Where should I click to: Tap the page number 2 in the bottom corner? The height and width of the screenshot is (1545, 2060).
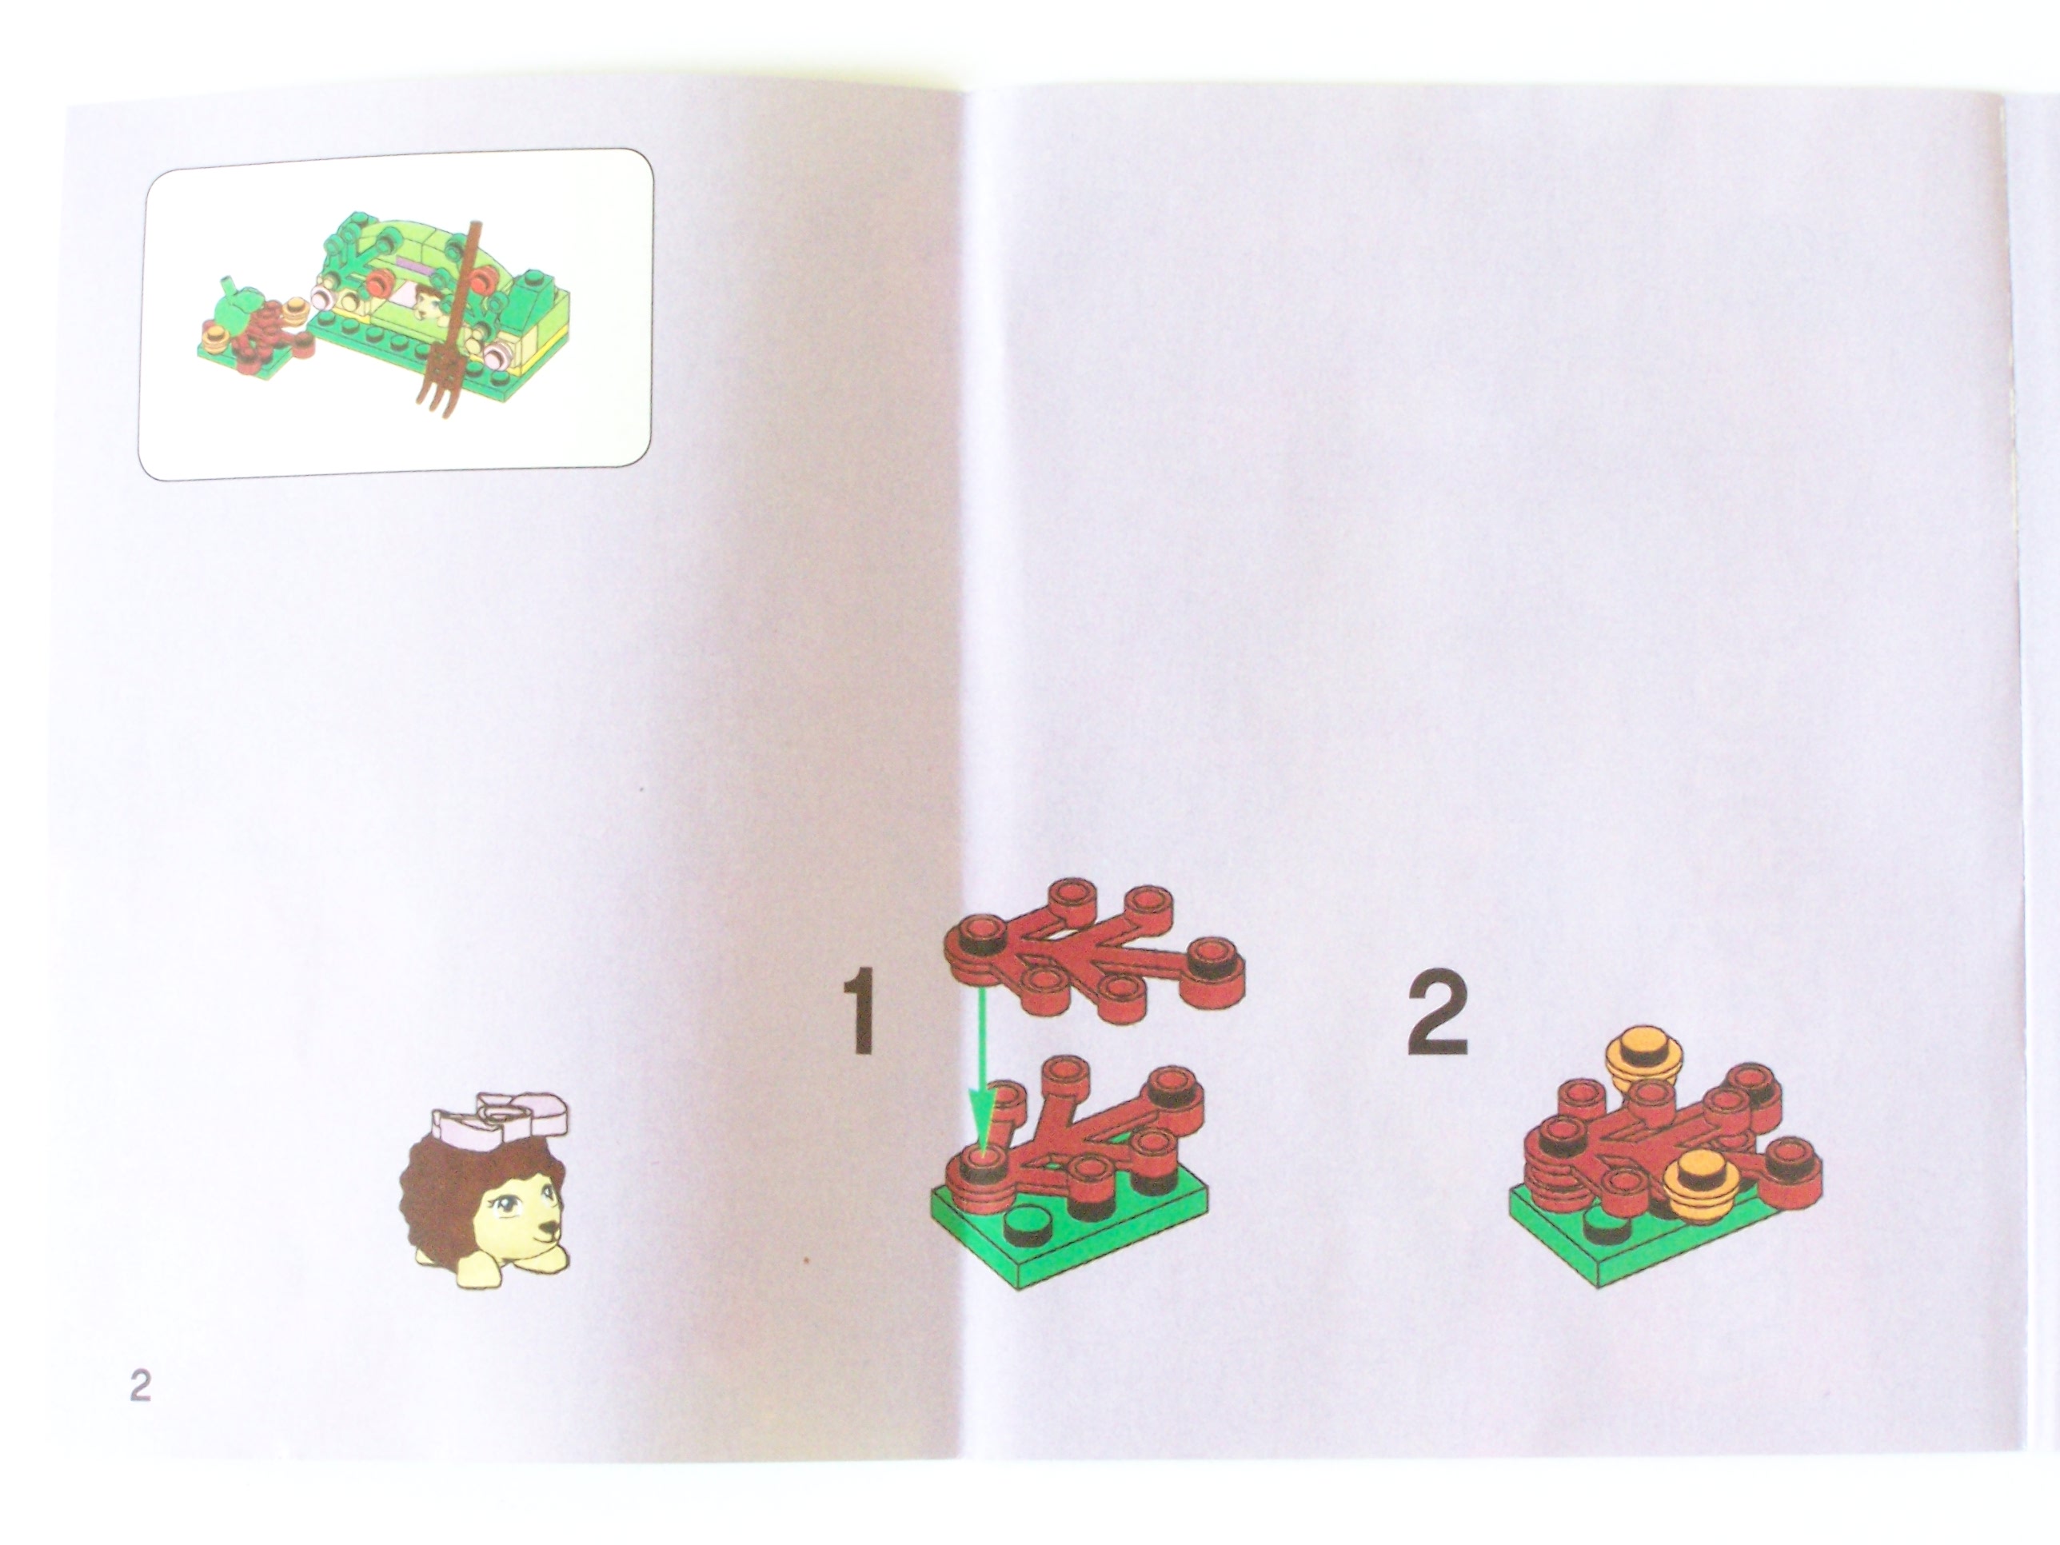pyautogui.click(x=140, y=1385)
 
